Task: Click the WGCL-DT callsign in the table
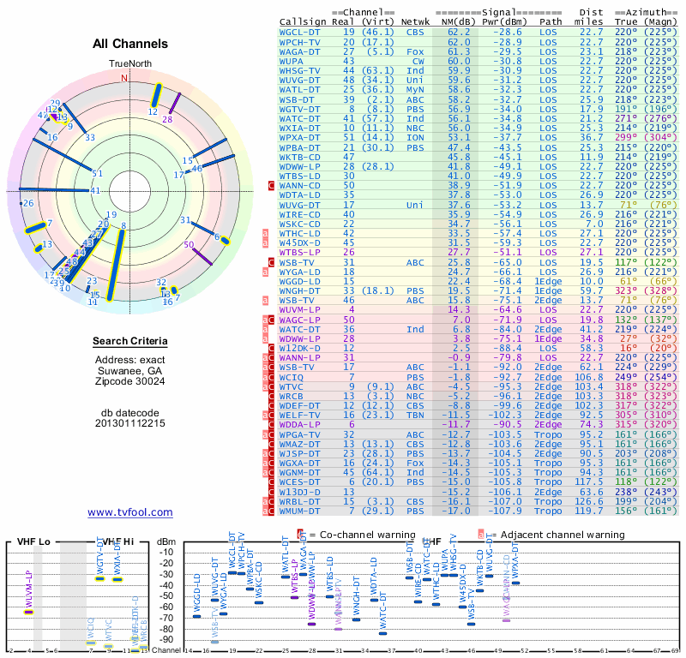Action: click(x=300, y=32)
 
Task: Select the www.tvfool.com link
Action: click(x=129, y=512)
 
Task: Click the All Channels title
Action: click(x=129, y=44)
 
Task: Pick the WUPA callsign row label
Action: click(x=293, y=61)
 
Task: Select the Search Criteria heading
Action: click(x=129, y=342)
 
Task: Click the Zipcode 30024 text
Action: click(x=129, y=380)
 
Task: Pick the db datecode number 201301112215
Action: click(x=129, y=422)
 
